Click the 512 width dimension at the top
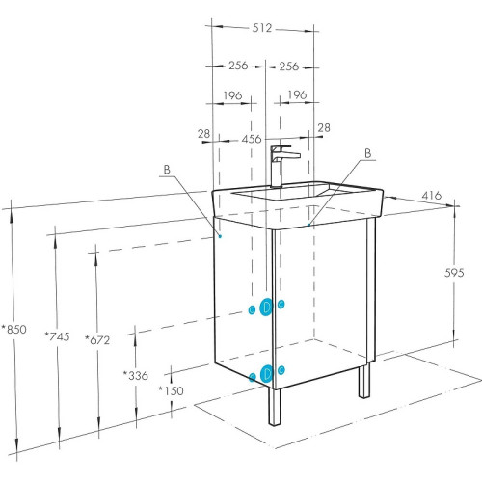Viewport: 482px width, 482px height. [x=262, y=28]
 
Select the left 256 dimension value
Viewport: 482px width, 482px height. [x=238, y=66]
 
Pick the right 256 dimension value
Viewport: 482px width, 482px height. [x=289, y=67]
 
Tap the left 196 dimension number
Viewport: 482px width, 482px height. [x=232, y=95]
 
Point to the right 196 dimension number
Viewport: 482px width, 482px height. [x=297, y=94]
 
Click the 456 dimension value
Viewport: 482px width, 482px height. [x=252, y=139]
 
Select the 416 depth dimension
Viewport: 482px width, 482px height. [x=432, y=195]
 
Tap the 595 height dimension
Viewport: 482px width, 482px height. [x=454, y=273]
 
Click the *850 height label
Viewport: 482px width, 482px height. [x=14, y=329]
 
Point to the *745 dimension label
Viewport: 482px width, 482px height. [x=57, y=336]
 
